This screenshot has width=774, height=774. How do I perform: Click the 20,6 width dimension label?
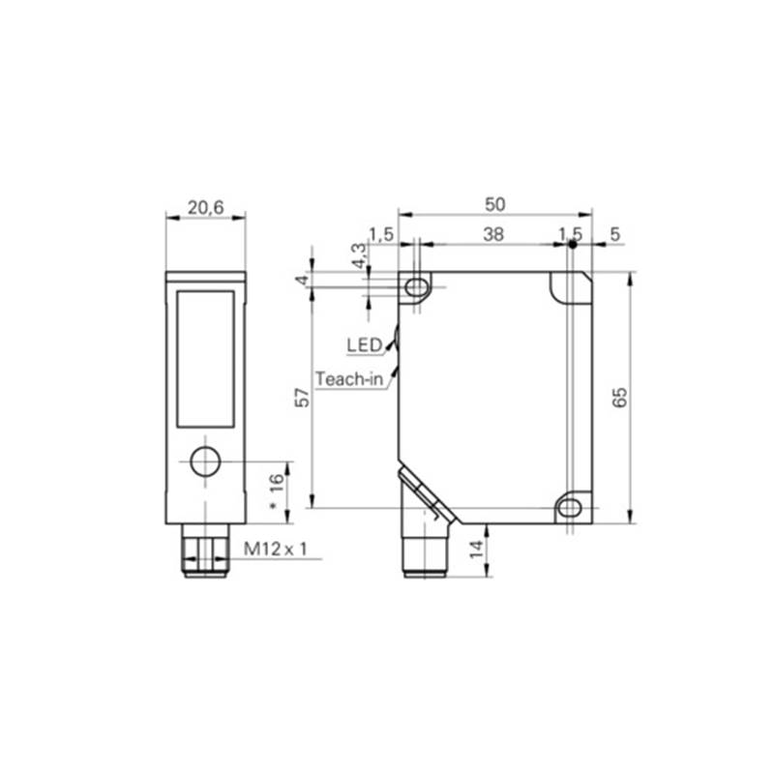pos(205,208)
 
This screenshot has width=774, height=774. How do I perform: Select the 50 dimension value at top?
pos(494,204)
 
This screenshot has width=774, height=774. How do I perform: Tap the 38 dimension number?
pos(493,234)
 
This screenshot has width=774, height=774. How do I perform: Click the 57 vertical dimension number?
pos(302,398)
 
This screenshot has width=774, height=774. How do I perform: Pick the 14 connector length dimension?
pos(476,549)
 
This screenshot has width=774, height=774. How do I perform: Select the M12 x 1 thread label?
pos(275,549)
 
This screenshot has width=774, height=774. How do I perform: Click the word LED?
pos(365,345)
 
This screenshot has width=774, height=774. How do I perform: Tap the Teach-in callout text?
pos(349,378)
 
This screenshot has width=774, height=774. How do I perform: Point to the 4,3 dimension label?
pos(360,255)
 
